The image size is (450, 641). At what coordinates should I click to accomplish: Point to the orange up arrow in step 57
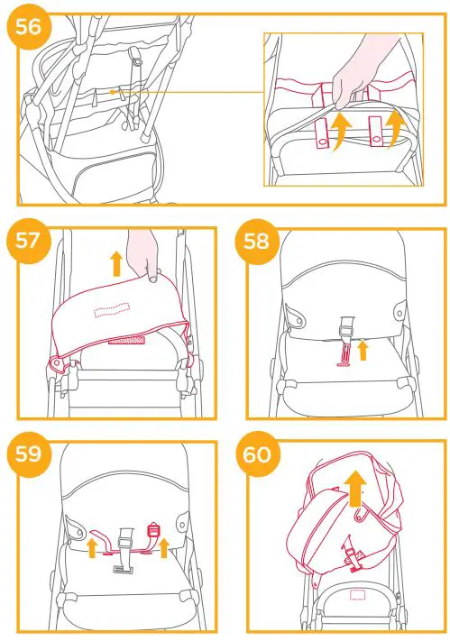click(x=115, y=263)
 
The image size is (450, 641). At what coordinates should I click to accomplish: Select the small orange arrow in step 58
click(x=363, y=350)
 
